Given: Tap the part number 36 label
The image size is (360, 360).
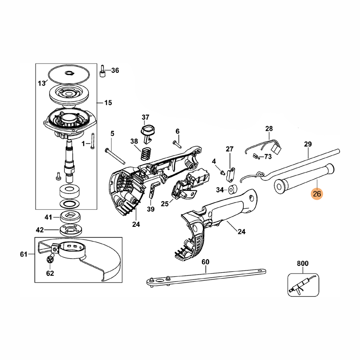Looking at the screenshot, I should pos(115,70).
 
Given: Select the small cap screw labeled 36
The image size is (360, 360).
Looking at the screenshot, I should pos(103,71).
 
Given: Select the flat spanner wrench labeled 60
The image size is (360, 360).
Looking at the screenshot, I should pos(207,277).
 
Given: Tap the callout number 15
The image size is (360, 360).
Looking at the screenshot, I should pos(108,103).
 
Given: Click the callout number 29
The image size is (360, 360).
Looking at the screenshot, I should pos(308,144).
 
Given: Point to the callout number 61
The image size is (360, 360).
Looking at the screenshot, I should pos(24,254).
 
